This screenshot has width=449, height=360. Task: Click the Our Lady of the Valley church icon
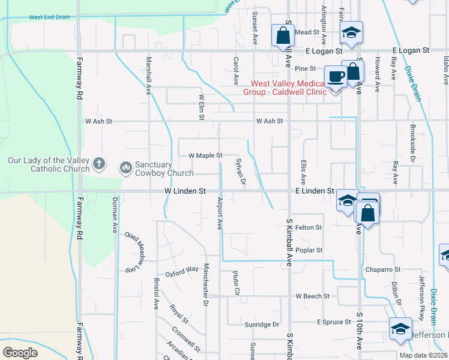(x=99, y=163)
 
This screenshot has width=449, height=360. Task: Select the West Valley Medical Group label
(x=288, y=88)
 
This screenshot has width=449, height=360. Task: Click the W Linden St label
(x=185, y=191)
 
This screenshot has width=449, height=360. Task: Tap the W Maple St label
(x=205, y=155)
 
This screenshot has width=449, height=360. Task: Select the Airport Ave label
(x=220, y=213)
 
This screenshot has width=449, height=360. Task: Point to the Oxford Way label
(x=182, y=270)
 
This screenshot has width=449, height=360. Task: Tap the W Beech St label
(x=312, y=296)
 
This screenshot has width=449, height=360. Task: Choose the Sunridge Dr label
(x=262, y=325)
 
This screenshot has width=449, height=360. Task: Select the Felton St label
(x=309, y=228)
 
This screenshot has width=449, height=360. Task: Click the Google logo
(x=20, y=352)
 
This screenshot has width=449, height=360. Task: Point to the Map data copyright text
(x=423, y=355)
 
